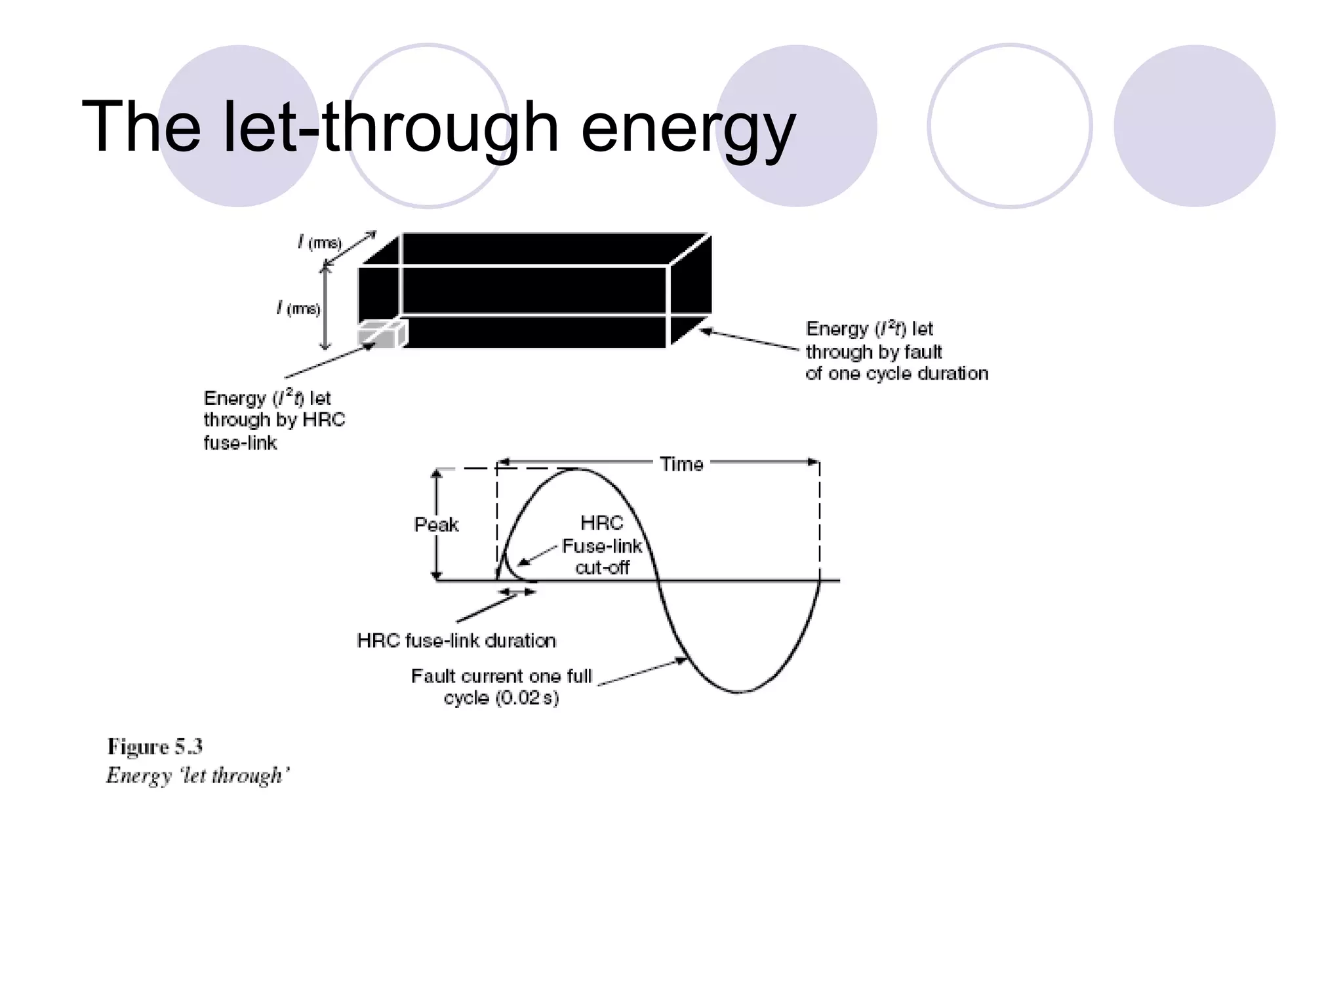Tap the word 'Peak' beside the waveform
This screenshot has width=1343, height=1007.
[x=436, y=524]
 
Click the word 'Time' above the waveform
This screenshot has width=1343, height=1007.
[x=681, y=464]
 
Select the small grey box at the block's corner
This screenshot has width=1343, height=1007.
[x=381, y=334]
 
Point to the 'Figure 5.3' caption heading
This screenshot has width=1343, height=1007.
[x=155, y=747]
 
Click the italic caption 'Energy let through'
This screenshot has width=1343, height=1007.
[x=197, y=776]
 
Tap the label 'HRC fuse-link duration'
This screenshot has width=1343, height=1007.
[x=456, y=641]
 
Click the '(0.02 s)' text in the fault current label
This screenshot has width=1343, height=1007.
[x=527, y=698]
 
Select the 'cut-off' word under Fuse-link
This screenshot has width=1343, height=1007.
[x=602, y=568]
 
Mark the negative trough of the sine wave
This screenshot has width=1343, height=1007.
[x=739, y=691]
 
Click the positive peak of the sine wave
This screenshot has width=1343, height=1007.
[x=577, y=469]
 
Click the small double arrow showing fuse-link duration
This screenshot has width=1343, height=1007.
[x=517, y=592]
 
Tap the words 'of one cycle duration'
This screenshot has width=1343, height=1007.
[x=896, y=374]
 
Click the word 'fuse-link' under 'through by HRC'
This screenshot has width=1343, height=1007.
[x=240, y=443]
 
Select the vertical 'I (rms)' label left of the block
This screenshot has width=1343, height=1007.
[x=299, y=308]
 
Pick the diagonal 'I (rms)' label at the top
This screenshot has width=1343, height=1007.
[x=320, y=243]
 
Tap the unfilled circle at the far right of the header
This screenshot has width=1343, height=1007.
[x=1009, y=126]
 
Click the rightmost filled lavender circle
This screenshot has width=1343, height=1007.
[x=1194, y=126]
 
